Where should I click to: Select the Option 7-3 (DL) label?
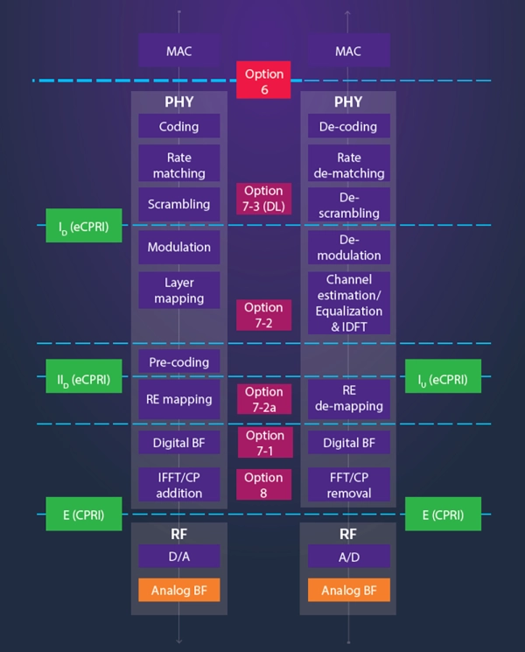pos(263,199)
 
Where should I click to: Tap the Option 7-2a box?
pos(263,400)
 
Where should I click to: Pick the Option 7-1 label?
pos(264,443)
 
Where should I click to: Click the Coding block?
pos(178,127)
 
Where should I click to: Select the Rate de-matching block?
pos(348,165)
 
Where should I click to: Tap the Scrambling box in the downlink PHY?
pos(178,205)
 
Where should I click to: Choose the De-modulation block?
pos(348,247)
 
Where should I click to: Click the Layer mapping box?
pos(178,291)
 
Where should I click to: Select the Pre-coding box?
pos(178,362)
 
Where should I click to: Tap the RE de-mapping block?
pos(348,399)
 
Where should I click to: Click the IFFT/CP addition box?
pos(178,484)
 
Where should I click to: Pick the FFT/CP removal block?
pos(348,484)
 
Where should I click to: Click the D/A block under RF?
pos(178,556)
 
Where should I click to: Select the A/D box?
pos(347,556)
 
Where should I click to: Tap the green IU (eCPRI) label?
pos(444,379)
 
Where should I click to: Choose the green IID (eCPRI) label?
pos(84,379)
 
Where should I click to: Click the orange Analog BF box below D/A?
pos(178,590)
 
